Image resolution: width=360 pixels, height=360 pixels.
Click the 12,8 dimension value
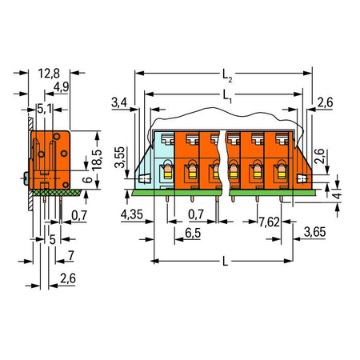pos(49,74)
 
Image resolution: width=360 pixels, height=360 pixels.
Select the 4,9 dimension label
pos(61,87)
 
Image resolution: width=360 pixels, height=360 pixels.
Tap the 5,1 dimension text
pos(45,109)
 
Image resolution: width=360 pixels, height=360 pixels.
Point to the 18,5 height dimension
pos(97,160)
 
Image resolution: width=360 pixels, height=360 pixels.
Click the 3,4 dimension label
pos(119,102)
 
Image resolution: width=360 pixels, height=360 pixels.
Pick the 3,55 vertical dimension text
pos(119,157)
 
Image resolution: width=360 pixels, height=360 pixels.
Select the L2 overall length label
pos(227,76)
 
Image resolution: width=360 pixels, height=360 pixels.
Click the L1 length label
pos(227,96)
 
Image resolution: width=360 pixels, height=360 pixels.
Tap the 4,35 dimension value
pos(131,214)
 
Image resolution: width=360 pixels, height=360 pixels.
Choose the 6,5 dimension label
pos(193,233)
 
